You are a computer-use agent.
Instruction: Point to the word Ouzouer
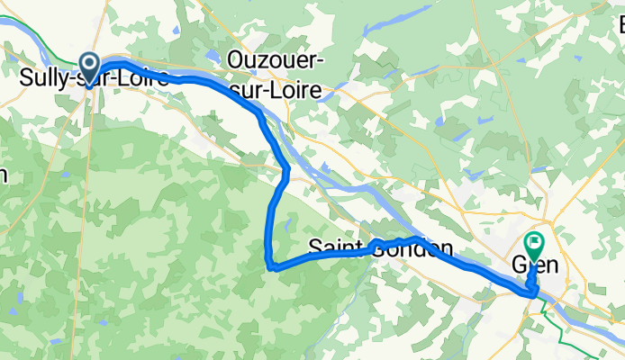(276, 58)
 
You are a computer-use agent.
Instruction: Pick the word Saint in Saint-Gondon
(336, 247)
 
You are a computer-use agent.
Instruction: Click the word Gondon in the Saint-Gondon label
(412, 247)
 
